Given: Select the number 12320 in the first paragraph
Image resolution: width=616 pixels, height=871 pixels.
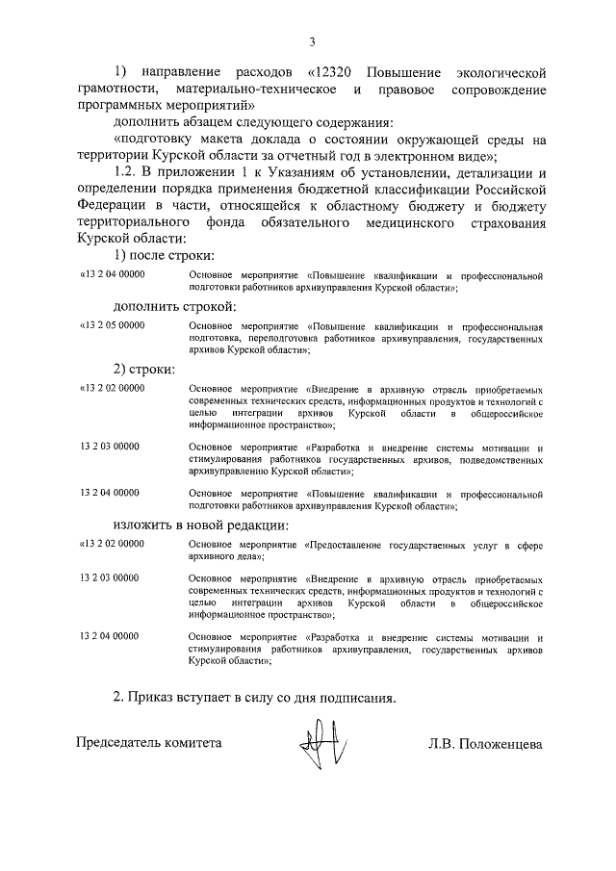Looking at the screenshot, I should point(338,73).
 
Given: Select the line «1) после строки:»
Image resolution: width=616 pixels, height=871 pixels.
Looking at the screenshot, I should point(164,255).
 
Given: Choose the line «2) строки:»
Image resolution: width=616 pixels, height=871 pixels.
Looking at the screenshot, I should point(144,369).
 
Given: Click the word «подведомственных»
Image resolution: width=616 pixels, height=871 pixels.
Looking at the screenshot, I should point(500,461).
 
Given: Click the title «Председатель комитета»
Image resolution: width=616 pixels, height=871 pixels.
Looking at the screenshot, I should point(149,743).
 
